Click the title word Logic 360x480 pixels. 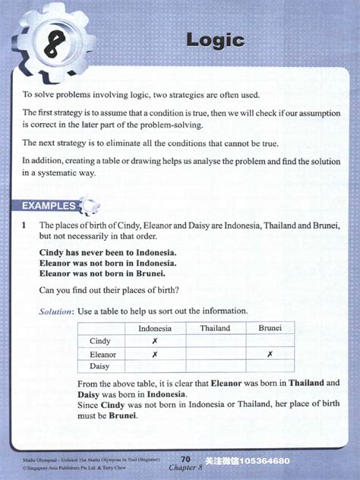[216, 39]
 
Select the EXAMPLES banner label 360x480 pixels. [49, 205]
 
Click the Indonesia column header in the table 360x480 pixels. [155, 328]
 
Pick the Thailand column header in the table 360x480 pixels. [215, 328]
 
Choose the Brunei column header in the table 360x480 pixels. [270, 328]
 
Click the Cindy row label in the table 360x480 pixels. [100, 341]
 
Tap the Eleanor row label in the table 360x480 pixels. [103, 354]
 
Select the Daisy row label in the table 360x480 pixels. [100, 366]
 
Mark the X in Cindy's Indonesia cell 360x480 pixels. [155, 341]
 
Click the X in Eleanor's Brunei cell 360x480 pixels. [270, 354]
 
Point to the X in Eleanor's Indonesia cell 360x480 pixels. [155, 354]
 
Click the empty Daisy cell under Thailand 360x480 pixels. [215, 366]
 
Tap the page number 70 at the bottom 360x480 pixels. [185, 458]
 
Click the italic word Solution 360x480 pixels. [56, 311]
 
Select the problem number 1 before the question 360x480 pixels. [24, 226]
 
